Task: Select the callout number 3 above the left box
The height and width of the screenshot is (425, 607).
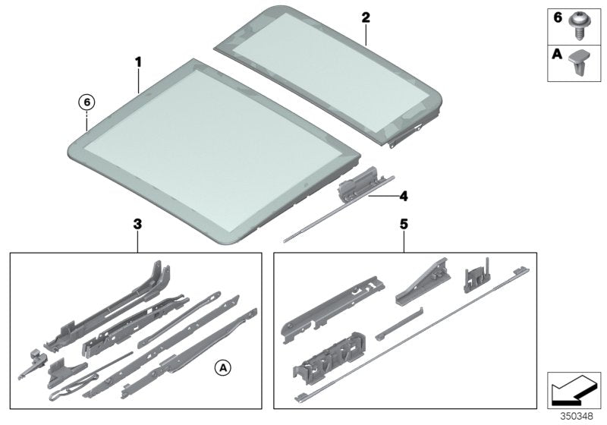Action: [137, 224]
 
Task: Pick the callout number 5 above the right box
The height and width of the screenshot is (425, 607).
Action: [404, 224]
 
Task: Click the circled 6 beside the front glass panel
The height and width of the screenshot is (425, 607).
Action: [87, 102]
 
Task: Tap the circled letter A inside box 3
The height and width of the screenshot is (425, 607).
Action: [222, 368]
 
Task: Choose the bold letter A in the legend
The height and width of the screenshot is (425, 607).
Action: [555, 55]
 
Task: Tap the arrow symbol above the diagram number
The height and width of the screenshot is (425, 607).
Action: [574, 389]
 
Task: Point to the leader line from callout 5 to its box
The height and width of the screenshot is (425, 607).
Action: [404, 242]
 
